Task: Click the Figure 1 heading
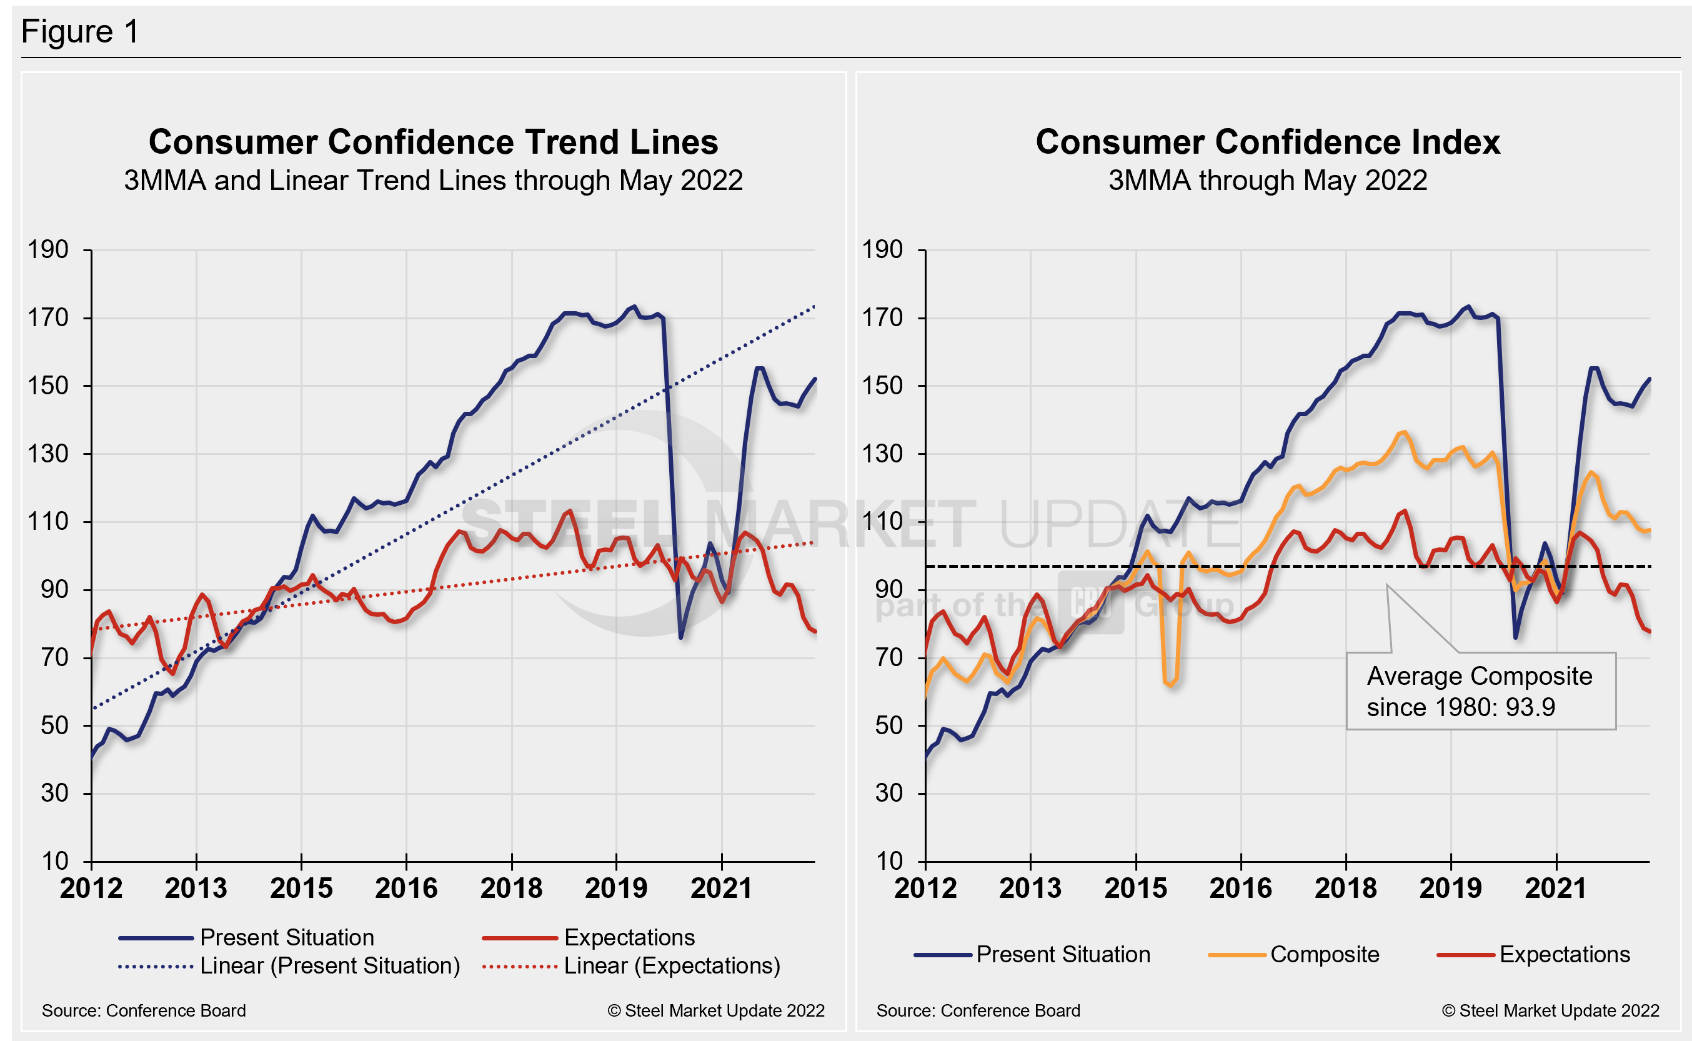tap(80, 32)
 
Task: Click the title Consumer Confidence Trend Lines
tap(433, 142)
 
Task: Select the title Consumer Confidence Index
tap(1267, 142)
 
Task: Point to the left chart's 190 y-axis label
tap(47, 249)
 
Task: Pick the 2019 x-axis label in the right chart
tap(1450, 888)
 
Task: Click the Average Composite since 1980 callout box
tap(1481, 691)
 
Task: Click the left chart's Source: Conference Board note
tap(144, 1011)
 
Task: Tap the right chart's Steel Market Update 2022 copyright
tap(1550, 1011)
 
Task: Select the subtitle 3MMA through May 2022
tap(1267, 181)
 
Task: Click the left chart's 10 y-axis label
tap(54, 860)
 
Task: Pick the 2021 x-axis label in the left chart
tap(722, 888)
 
